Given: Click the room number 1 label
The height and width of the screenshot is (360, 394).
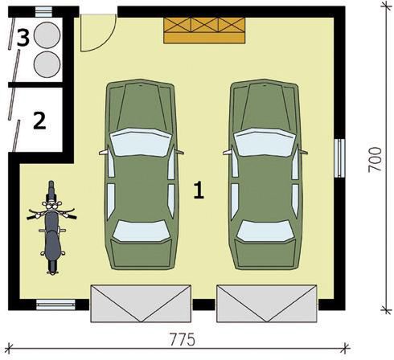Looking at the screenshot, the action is click(x=199, y=190).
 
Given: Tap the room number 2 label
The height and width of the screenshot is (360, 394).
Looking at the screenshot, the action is click(x=39, y=121).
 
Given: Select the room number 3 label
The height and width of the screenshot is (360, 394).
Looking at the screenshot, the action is click(x=23, y=38).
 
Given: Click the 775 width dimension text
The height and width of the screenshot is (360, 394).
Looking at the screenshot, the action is click(x=183, y=340).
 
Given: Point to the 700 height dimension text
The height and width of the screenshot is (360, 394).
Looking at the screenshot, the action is click(x=375, y=160).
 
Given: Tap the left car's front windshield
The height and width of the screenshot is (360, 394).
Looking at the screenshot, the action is click(x=140, y=142).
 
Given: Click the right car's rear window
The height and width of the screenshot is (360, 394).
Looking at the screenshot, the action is click(x=265, y=231).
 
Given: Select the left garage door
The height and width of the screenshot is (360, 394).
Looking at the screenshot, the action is click(x=141, y=304).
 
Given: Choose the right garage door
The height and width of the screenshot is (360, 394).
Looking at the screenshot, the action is click(x=267, y=304).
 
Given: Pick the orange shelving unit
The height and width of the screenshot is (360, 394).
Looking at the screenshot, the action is click(x=204, y=31).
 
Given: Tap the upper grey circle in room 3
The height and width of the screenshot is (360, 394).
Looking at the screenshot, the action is click(x=47, y=35).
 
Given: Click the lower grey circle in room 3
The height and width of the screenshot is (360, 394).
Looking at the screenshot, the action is click(x=47, y=64).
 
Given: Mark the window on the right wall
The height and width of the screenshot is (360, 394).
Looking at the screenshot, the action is click(x=339, y=158).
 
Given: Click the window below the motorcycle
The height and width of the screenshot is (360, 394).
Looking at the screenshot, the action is click(x=55, y=305).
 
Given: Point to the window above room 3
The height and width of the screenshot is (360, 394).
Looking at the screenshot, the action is click(x=43, y=12).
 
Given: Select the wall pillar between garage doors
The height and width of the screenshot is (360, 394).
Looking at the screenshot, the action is click(x=203, y=305).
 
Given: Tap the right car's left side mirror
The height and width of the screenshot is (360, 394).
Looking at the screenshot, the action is click(x=228, y=153).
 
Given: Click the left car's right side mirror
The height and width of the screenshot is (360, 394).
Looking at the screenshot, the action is click(x=179, y=153).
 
